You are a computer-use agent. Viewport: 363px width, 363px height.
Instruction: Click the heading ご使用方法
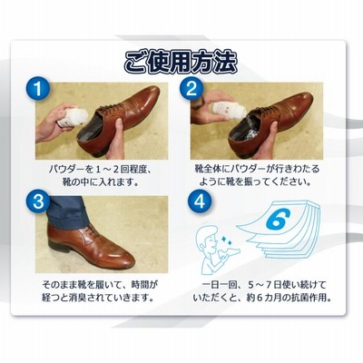[181, 62]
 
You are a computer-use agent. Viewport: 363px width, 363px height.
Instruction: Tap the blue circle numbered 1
[37, 89]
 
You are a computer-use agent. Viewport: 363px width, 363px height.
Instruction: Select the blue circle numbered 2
[191, 89]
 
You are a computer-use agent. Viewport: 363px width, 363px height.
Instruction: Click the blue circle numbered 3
[38, 202]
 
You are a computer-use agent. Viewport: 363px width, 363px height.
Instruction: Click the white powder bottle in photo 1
[73, 117]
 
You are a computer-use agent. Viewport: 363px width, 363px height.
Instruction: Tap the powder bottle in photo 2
[229, 111]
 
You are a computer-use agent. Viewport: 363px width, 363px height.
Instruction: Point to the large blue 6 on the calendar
[278, 220]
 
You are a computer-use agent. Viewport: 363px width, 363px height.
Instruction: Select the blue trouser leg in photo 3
[64, 211]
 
